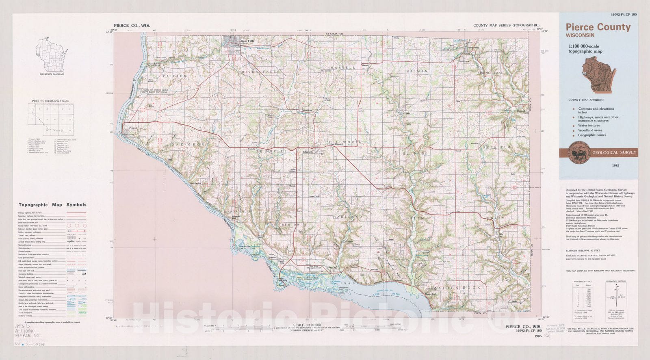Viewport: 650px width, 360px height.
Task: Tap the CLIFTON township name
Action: [175, 76]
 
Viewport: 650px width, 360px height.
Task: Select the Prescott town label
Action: [134, 128]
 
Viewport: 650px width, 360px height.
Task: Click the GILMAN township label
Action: [418, 71]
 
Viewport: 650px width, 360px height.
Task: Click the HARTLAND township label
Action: [347, 217]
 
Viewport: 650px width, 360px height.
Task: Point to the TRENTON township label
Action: [289, 224]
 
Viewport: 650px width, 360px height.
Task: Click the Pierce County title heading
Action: [598, 27]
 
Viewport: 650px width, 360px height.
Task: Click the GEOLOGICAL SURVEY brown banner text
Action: [614, 152]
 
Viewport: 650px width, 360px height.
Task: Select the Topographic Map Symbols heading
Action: [52, 205]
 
